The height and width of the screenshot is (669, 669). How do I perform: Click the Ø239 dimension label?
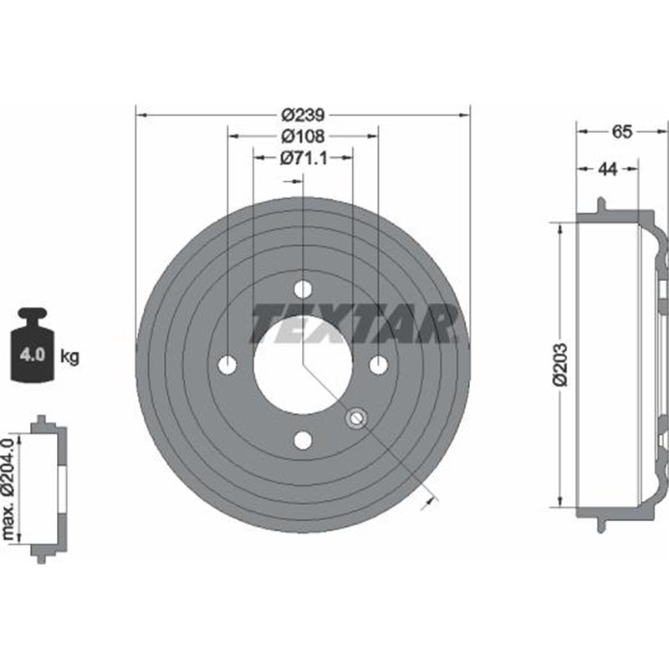303,115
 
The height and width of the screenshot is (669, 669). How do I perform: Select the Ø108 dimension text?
303,135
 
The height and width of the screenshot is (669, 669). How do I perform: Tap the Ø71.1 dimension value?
303,157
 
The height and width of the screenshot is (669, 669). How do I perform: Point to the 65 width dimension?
622,131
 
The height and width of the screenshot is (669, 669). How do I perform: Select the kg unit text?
70,357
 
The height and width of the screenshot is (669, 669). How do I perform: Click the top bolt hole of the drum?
303,289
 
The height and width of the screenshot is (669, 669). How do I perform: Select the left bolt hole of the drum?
227,365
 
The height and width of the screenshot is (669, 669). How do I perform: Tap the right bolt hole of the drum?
379,365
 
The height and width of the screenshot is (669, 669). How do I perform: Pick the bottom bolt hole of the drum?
303,440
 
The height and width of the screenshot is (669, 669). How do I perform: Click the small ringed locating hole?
356,417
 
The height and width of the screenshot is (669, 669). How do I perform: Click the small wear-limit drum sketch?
48,488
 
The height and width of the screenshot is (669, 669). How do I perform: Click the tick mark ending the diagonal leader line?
432,499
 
